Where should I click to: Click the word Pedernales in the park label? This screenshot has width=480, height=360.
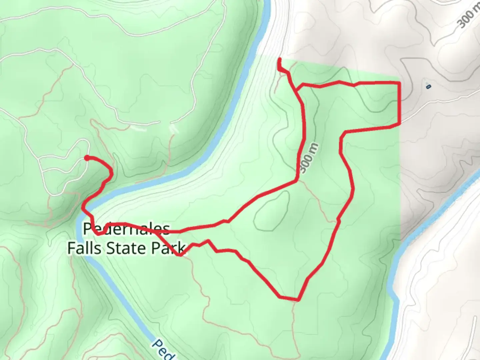coord(127,229)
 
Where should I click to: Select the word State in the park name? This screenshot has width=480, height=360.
coord(125,248)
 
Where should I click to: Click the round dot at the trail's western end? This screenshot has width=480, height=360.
coord(87,158)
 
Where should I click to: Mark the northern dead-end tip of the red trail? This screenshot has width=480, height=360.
coord(279,60)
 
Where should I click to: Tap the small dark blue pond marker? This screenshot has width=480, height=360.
coord(428,86)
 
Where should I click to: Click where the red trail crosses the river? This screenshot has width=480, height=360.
coord(85,209)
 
